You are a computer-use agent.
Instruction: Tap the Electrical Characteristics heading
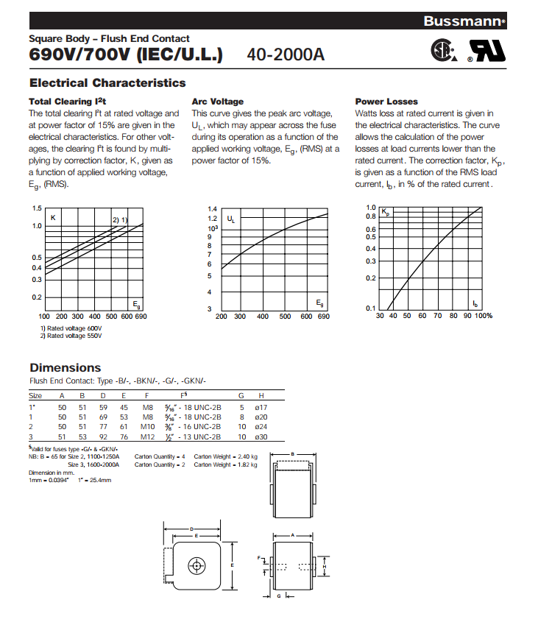pos(107,83)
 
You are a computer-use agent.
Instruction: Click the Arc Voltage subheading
pos(217,102)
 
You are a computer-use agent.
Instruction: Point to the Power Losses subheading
pos(386,102)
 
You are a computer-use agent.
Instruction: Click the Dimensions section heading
pos(65,367)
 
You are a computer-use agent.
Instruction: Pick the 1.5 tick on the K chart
pos(37,208)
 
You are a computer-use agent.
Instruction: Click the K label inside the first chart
pos(53,218)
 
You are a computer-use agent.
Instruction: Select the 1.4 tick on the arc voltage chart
pos(213,209)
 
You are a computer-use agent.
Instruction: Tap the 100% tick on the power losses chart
pos(483,316)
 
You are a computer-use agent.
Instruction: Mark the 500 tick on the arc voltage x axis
pos(285,317)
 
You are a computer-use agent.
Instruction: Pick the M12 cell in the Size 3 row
pos(148,437)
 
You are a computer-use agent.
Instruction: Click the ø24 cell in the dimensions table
pos(260,426)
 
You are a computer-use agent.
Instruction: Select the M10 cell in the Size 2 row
pos(148,426)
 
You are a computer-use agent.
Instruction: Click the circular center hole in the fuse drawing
pos(196,565)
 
